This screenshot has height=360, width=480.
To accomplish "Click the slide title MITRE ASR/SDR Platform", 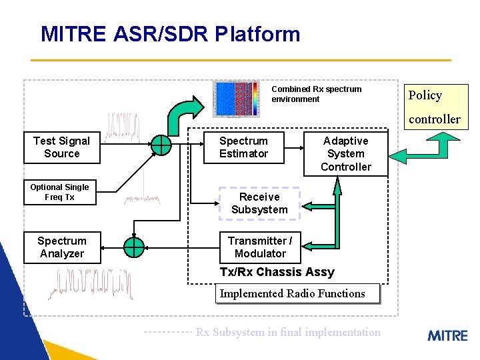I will click(x=170, y=34).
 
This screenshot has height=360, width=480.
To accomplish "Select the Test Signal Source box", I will click(x=61, y=147).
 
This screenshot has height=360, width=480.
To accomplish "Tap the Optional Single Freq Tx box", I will click(x=59, y=192).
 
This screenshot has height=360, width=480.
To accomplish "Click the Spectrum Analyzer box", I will click(x=61, y=247).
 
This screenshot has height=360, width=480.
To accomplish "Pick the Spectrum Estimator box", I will click(x=243, y=147).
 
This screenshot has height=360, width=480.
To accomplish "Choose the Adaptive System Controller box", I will click(x=345, y=154).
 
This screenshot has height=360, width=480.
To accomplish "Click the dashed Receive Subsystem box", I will click(x=259, y=203).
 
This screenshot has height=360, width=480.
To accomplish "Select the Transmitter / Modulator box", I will click(x=259, y=247).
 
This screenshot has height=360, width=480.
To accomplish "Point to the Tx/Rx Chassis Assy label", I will click(x=277, y=272).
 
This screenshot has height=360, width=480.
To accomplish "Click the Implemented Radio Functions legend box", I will click(x=297, y=293).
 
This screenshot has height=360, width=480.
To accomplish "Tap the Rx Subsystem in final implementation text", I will click(x=288, y=332).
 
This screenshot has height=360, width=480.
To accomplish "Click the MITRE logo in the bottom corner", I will click(x=447, y=335).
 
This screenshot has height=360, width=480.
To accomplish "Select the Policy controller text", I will click(x=434, y=107).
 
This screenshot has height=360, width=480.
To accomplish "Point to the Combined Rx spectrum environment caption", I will click(x=316, y=94).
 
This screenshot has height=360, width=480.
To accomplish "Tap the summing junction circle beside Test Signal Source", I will click(x=161, y=144).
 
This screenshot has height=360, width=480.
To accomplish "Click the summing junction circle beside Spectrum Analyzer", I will click(x=134, y=247).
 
